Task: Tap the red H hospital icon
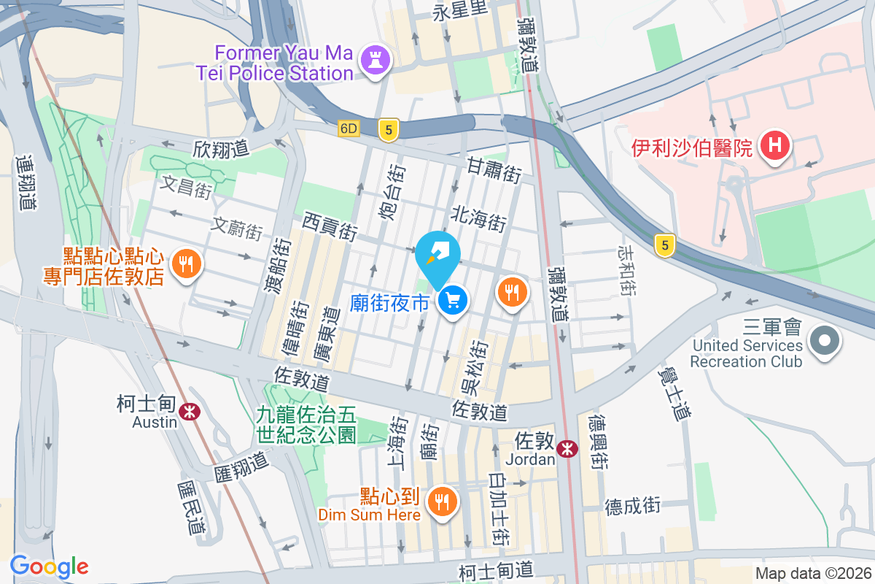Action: click(x=775, y=146)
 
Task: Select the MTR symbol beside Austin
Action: click(x=191, y=412)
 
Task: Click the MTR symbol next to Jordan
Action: click(x=567, y=450)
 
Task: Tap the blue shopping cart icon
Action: click(x=453, y=300)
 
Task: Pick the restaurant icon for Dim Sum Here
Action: click(x=440, y=502)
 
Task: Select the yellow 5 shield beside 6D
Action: click(x=389, y=130)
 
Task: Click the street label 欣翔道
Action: click(x=221, y=148)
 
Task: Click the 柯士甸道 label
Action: click(x=497, y=569)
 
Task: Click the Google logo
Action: click(x=49, y=566)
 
